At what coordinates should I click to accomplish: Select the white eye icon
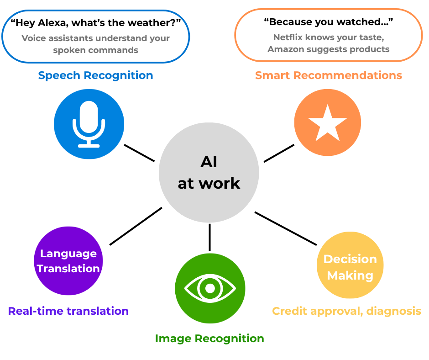(x=210, y=288)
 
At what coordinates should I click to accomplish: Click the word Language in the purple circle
(x=68, y=254)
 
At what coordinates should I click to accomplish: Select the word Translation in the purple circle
(x=68, y=269)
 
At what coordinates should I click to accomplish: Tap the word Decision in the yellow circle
(x=350, y=259)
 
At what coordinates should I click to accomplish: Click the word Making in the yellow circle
(x=350, y=275)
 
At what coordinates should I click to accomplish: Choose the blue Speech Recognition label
(x=94, y=75)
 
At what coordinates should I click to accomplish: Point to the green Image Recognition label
(x=207, y=339)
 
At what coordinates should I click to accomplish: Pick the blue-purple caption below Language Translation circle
(x=67, y=314)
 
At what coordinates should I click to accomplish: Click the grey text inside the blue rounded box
(x=98, y=46)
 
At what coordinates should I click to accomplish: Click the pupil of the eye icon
(x=210, y=288)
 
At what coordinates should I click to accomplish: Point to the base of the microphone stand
(x=89, y=146)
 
